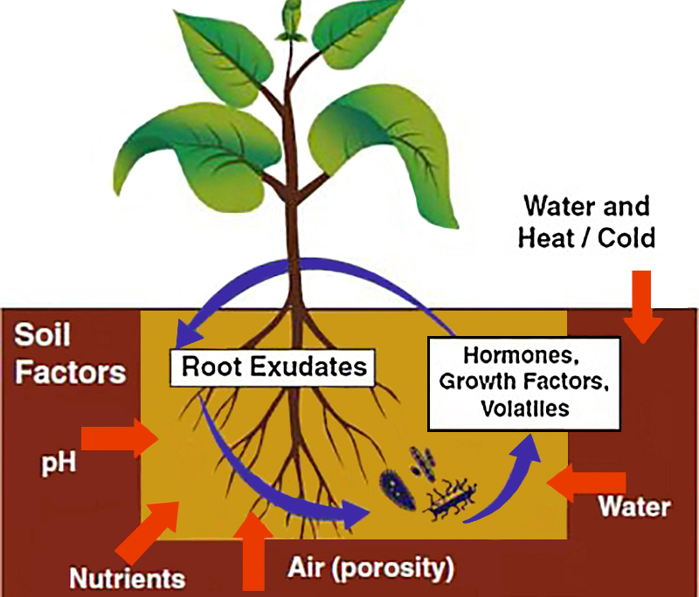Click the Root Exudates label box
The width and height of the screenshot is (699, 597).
tap(273, 367)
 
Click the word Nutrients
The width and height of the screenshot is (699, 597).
tap(128, 578)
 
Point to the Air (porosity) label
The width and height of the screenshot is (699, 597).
tap(370, 569)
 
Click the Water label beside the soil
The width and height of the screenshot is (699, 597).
tap(635, 507)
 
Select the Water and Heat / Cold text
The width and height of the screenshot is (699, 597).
tap(586, 222)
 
